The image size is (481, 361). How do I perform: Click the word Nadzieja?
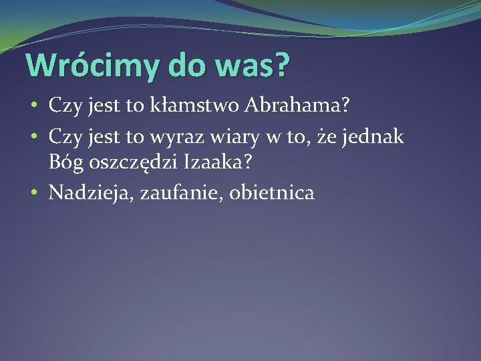point(92,194)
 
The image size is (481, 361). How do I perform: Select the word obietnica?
point(271,193)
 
